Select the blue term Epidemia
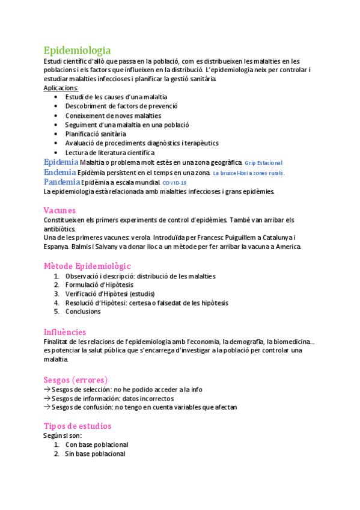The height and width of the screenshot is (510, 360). pyautogui.click(x=61, y=162)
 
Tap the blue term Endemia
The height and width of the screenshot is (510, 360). pyautogui.click(x=60, y=172)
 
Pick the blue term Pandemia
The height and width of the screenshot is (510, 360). pyautogui.click(x=62, y=182)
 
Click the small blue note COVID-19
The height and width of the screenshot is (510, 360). pyautogui.click(x=175, y=183)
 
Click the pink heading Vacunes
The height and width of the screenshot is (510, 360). pyautogui.click(x=59, y=210)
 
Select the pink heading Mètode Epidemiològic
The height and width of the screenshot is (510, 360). pyautogui.click(x=87, y=266)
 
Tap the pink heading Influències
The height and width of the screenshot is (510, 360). pyautogui.click(x=65, y=332)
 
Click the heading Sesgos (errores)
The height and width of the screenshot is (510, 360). pyautogui.click(x=76, y=379)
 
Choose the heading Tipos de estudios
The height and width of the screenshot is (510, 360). pyautogui.click(x=78, y=426)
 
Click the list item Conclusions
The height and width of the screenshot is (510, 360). pyautogui.click(x=83, y=312)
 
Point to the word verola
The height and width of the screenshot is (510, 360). pyautogui.click(x=139, y=238)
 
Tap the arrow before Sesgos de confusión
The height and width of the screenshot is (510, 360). pyautogui.click(x=47, y=407)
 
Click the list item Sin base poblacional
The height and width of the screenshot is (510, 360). pyautogui.click(x=95, y=454)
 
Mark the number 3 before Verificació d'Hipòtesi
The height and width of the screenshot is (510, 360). pyautogui.click(x=56, y=294)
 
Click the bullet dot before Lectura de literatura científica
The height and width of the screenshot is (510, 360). pyautogui.click(x=56, y=153)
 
